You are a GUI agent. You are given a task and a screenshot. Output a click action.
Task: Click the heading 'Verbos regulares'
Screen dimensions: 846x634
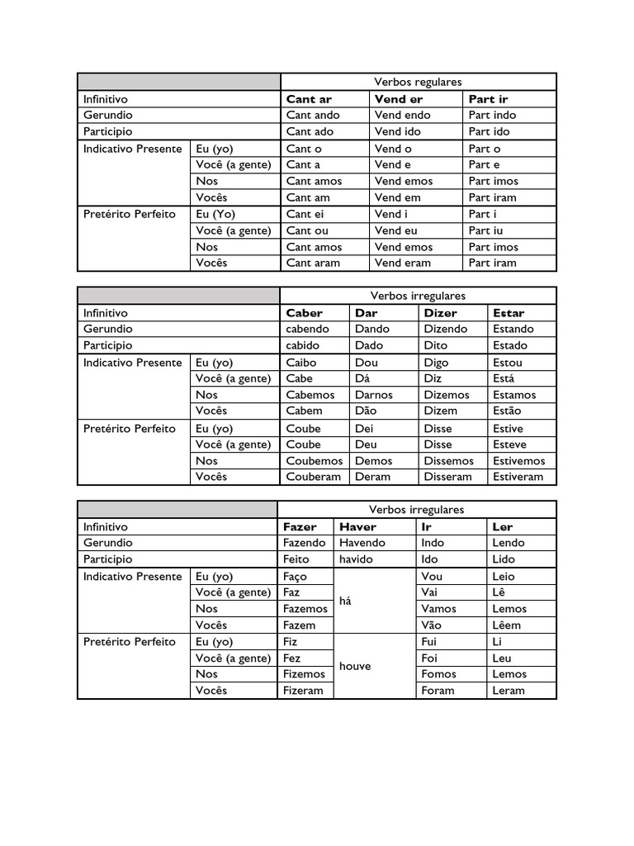(x=418, y=82)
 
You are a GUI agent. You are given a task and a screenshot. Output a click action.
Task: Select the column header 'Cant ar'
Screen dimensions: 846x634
(x=309, y=99)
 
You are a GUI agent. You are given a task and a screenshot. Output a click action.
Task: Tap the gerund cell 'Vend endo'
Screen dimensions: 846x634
(x=402, y=115)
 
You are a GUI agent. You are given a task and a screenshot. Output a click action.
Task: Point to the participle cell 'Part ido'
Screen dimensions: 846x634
(x=490, y=131)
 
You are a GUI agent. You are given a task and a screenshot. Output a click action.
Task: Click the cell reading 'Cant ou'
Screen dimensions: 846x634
(x=307, y=231)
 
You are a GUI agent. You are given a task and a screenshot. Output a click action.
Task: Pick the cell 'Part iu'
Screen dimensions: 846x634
(x=485, y=231)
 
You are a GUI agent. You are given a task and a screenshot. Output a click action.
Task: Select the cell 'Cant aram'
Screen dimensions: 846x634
(x=312, y=263)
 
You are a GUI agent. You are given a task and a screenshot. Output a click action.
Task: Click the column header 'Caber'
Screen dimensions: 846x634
(x=304, y=313)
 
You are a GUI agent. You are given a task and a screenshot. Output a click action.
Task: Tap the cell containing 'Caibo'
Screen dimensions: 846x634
(x=301, y=362)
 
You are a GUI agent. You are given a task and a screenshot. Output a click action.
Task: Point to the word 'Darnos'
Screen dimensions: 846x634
(x=374, y=394)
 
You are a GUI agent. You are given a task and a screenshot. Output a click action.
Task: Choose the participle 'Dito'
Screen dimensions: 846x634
(x=436, y=345)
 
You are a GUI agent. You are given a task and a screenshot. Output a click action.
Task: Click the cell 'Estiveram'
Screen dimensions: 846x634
(x=518, y=477)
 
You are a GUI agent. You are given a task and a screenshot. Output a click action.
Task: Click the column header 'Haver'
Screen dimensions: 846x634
(x=357, y=526)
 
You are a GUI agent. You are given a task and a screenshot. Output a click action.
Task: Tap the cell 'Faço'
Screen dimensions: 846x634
(x=295, y=576)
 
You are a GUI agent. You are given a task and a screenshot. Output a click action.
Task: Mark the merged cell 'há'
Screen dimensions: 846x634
(x=345, y=601)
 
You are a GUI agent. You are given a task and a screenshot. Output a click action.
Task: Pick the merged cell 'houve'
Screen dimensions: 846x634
(x=354, y=666)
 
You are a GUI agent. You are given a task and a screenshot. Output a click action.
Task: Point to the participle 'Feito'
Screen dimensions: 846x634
(x=296, y=559)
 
